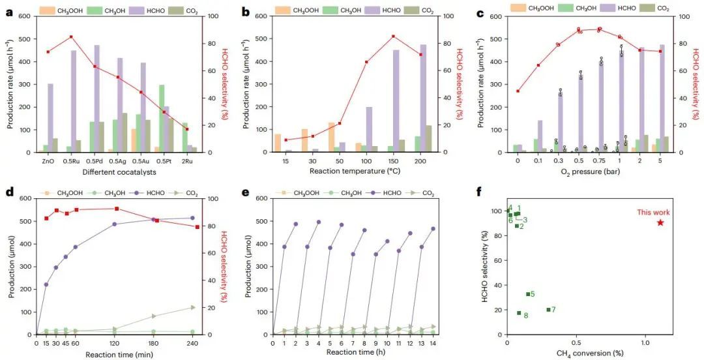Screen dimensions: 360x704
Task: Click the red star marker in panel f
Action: point(660,222)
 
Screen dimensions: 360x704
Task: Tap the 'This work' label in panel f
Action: point(653,213)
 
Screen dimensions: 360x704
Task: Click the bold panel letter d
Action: point(8,194)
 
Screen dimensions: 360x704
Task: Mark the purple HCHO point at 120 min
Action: point(115,224)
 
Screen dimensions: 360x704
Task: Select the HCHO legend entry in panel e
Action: point(378,193)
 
